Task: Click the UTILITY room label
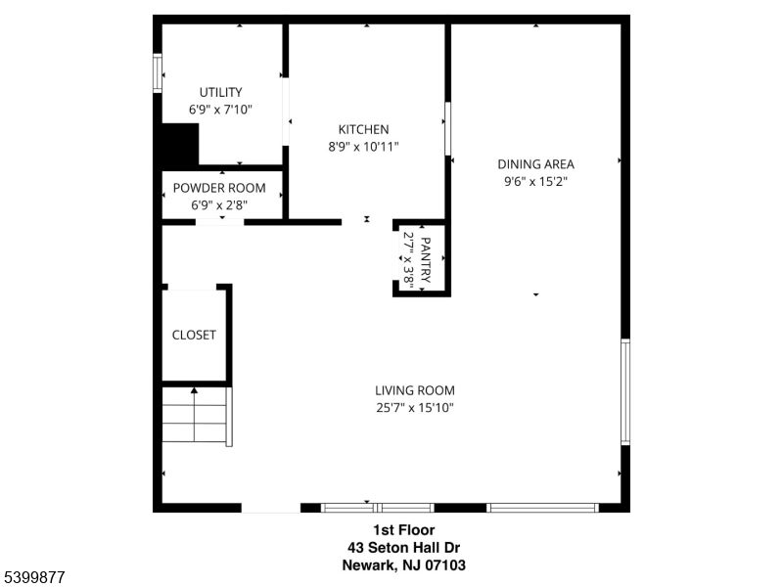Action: click(x=220, y=92)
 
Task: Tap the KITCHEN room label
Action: click(x=363, y=129)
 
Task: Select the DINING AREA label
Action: click(x=535, y=164)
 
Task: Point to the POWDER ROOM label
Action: click(x=220, y=188)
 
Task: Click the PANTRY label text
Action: click(x=427, y=258)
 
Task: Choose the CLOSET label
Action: click(x=194, y=335)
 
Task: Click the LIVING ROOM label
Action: click(x=415, y=389)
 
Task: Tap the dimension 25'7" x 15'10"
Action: click(x=415, y=407)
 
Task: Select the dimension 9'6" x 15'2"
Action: click(x=535, y=181)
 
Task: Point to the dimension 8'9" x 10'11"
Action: click(x=363, y=147)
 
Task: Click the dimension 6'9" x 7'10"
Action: click(x=220, y=110)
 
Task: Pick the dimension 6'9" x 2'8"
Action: click(x=220, y=205)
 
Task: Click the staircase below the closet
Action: click(x=196, y=416)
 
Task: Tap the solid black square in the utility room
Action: click(x=180, y=145)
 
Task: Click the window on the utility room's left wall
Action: click(x=157, y=72)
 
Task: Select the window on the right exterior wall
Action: click(x=625, y=391)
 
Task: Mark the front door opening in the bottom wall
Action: click(x=271, y=508)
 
